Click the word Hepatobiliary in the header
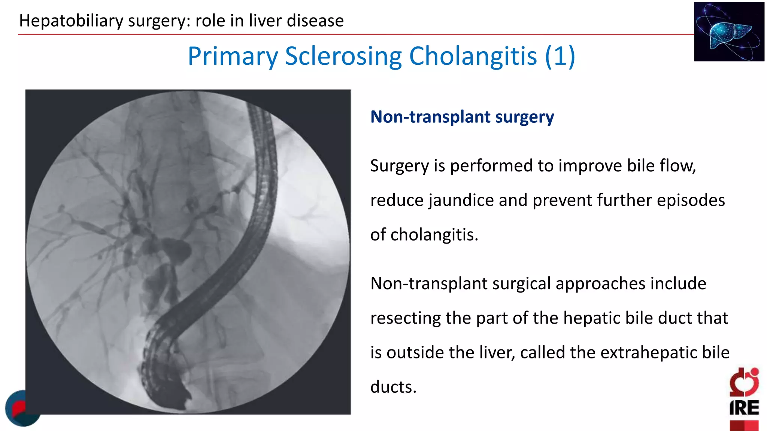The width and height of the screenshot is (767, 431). [x=71, y=21]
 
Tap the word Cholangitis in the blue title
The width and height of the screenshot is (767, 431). [x=473, y=56]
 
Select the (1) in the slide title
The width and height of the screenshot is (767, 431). [x=560, y=56]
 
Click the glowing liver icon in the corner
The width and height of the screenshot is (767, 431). [x=729, y=31]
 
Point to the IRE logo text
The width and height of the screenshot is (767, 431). [x=744, y=408]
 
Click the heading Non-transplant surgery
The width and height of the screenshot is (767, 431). [x=462, y=117]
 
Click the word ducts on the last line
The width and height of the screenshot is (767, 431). [x=393, y=387]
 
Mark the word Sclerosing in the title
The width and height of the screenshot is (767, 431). [x=343, y=56]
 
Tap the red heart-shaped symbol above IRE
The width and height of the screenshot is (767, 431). [x=744, y=382]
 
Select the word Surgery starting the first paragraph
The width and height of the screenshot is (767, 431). [x=399, y=166]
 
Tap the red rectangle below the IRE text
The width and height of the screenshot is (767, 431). [x=744, y=425]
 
